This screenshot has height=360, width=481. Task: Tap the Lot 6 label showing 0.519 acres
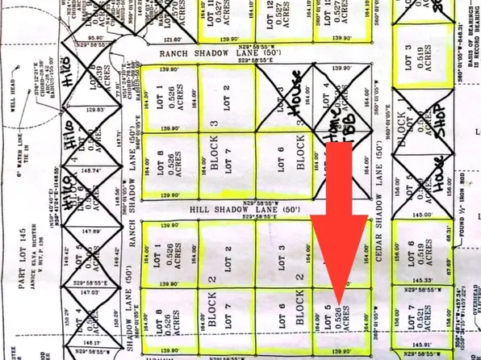[x=411, y=257]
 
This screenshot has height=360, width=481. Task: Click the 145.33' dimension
[x=422, y=280]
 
